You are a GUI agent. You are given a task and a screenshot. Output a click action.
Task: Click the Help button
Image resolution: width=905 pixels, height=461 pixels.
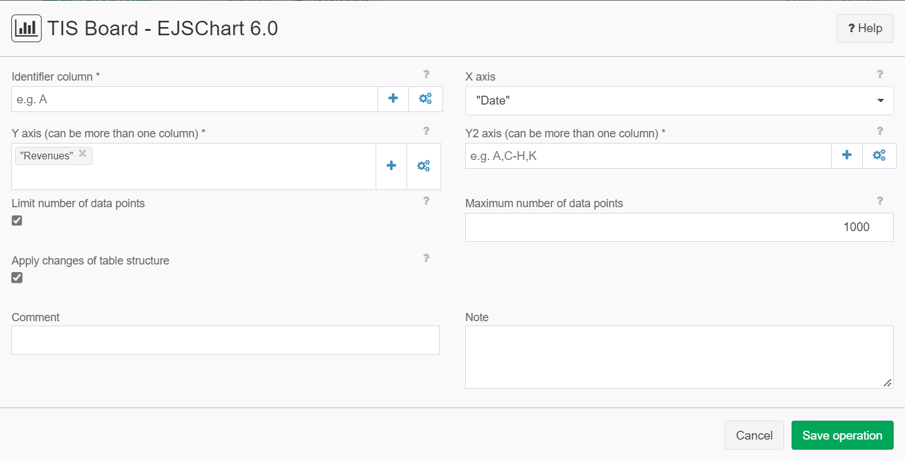tap(865, 28)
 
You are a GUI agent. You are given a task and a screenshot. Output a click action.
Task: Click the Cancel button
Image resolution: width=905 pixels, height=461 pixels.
tap(754, 435)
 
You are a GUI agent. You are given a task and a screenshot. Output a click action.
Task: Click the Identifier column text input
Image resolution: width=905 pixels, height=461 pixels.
tap(195, 100)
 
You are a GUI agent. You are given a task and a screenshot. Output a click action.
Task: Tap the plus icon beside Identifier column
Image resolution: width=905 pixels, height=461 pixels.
tap(393, 98)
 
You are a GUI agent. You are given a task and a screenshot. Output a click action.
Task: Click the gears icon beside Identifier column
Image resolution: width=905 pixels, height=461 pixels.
tap(425, 98)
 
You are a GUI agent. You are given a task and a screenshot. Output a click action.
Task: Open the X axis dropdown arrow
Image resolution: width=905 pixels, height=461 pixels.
tap(881, 101)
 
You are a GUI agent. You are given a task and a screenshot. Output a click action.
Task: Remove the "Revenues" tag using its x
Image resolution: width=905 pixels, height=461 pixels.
tap(83, 154)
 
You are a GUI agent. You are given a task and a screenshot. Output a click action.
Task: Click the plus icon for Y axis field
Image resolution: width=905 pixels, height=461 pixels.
tap(391, 166)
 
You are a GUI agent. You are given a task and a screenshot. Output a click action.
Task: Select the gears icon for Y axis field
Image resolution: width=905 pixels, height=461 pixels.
tap(424, 166)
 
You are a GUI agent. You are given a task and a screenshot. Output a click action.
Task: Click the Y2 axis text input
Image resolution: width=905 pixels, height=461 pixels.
tap(648, 156)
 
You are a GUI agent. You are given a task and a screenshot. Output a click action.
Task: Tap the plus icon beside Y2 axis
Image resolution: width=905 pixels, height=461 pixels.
tap(847, 155)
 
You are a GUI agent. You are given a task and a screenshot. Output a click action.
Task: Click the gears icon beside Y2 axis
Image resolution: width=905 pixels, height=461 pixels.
tap(879, 155)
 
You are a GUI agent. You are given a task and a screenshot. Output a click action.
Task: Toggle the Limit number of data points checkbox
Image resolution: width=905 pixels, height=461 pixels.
tap(17, 220)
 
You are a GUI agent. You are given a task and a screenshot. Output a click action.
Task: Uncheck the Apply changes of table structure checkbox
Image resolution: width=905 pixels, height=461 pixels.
tap(17, 278)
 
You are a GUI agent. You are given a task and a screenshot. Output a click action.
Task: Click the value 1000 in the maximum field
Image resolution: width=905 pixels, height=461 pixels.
tap(856, 227)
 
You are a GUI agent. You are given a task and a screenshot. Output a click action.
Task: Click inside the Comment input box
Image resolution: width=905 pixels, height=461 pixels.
tap(226, 340)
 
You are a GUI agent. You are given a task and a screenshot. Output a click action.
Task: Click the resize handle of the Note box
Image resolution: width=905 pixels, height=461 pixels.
tap(887, 383)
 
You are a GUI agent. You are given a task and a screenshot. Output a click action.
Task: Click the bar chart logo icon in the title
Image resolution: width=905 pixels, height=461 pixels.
tap(26, 28)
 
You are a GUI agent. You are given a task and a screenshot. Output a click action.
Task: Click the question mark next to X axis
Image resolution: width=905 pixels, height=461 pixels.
tap(880, 74)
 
